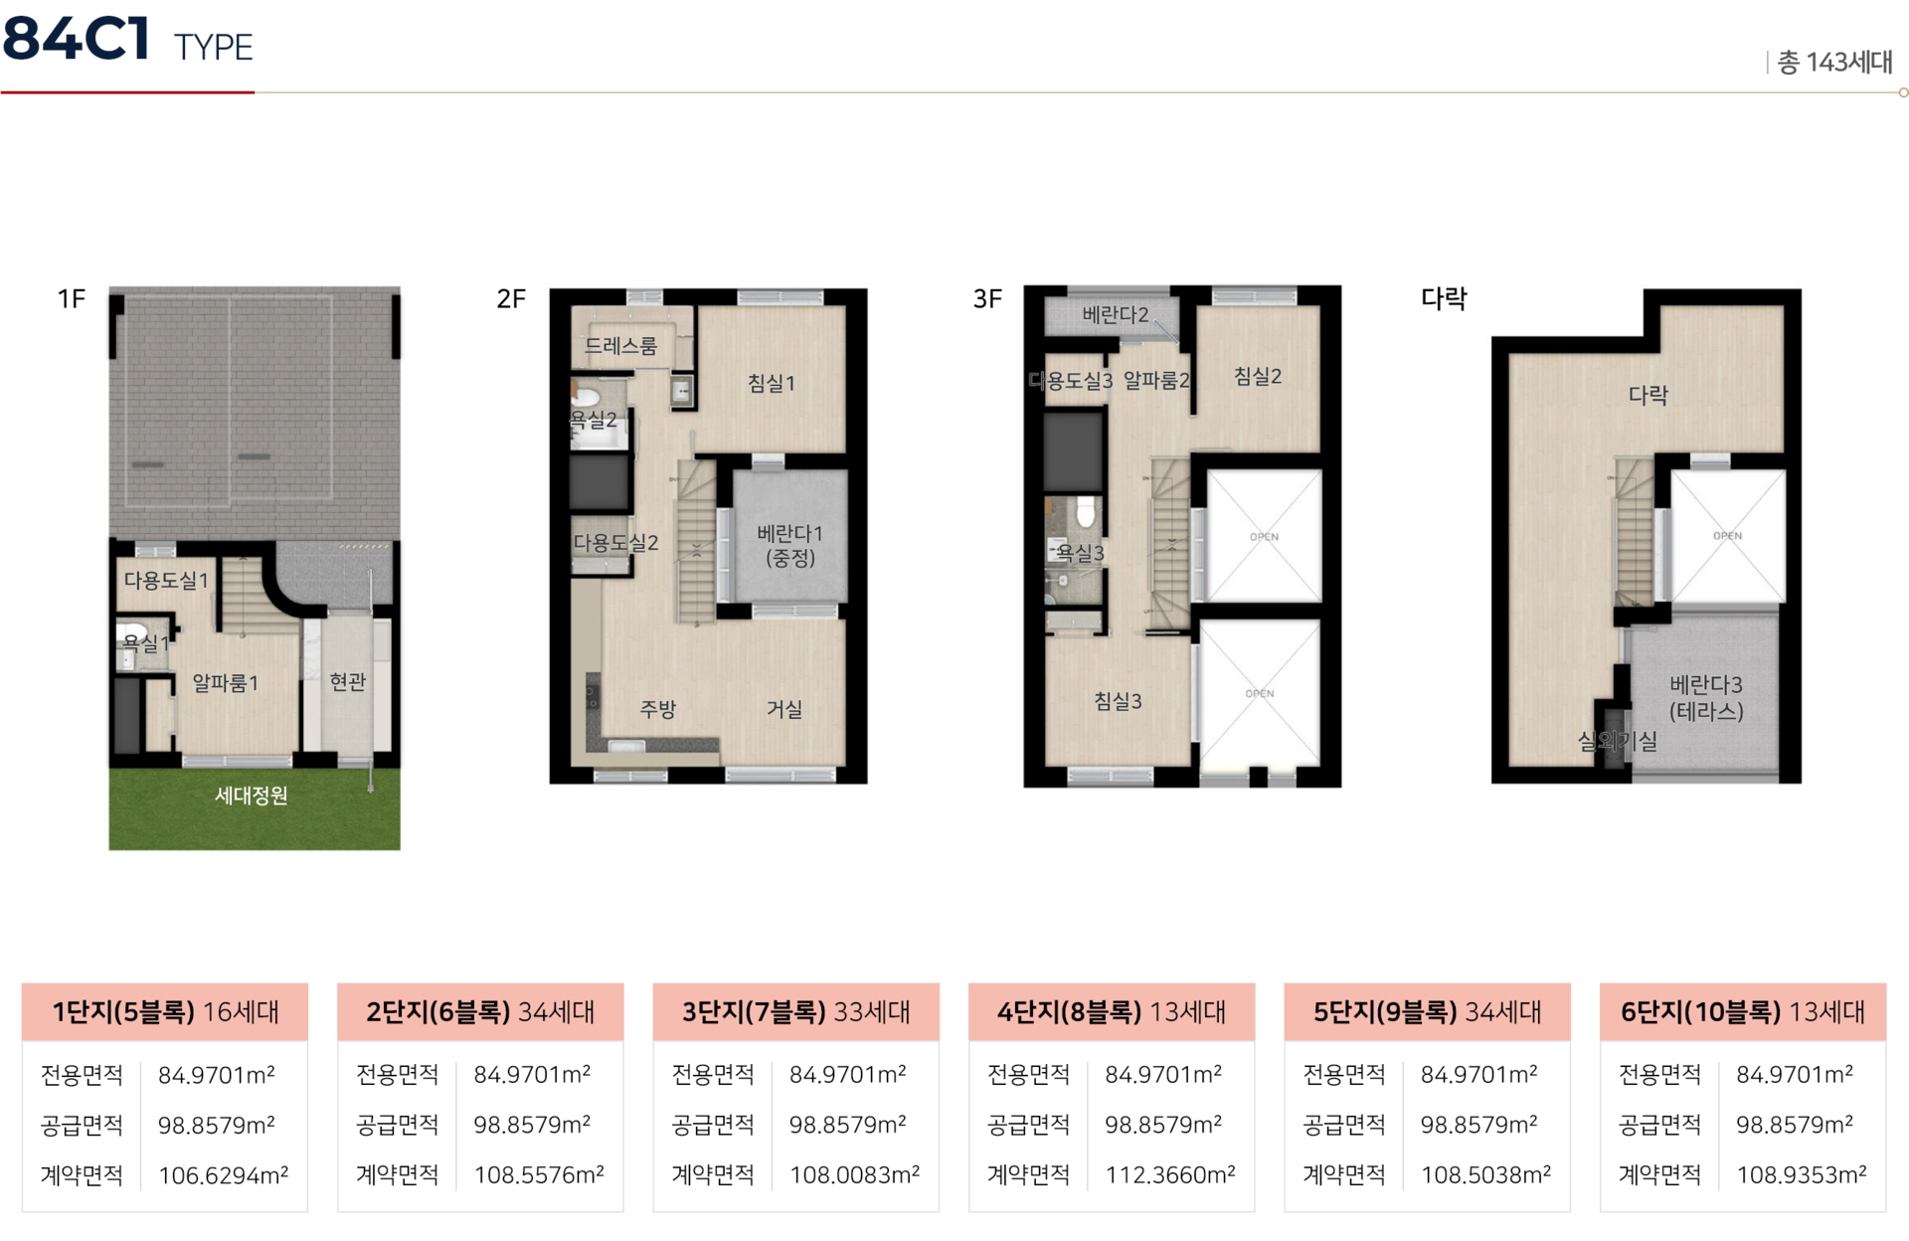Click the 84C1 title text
[x=77, y=39]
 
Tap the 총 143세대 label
[x=1834, y=63]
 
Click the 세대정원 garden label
[x=252, y=796]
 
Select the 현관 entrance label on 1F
[x=348, y=682]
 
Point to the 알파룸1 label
[x=226, y=683]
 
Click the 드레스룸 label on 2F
[x=620, y=346]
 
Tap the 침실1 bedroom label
[x=772, y=383]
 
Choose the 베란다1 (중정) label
[x=790, y=546]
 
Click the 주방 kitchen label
[x=658, y=709]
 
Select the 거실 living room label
[x=784, y=709]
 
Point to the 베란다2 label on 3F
[x=1116, y=315]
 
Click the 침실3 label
[x=1119, y=701]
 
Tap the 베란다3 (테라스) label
[x=1706, y=698]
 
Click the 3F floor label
[x=987, y=299]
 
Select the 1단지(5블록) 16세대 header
[x=165, y=1012]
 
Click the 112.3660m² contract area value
[x=1170, y=1174]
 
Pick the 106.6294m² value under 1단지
[x=223, y=1175]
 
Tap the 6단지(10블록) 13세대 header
[x=1743, y=1012]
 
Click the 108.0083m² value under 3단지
[x=854, y=1174]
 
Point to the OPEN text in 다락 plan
[x=1728, y=536]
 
